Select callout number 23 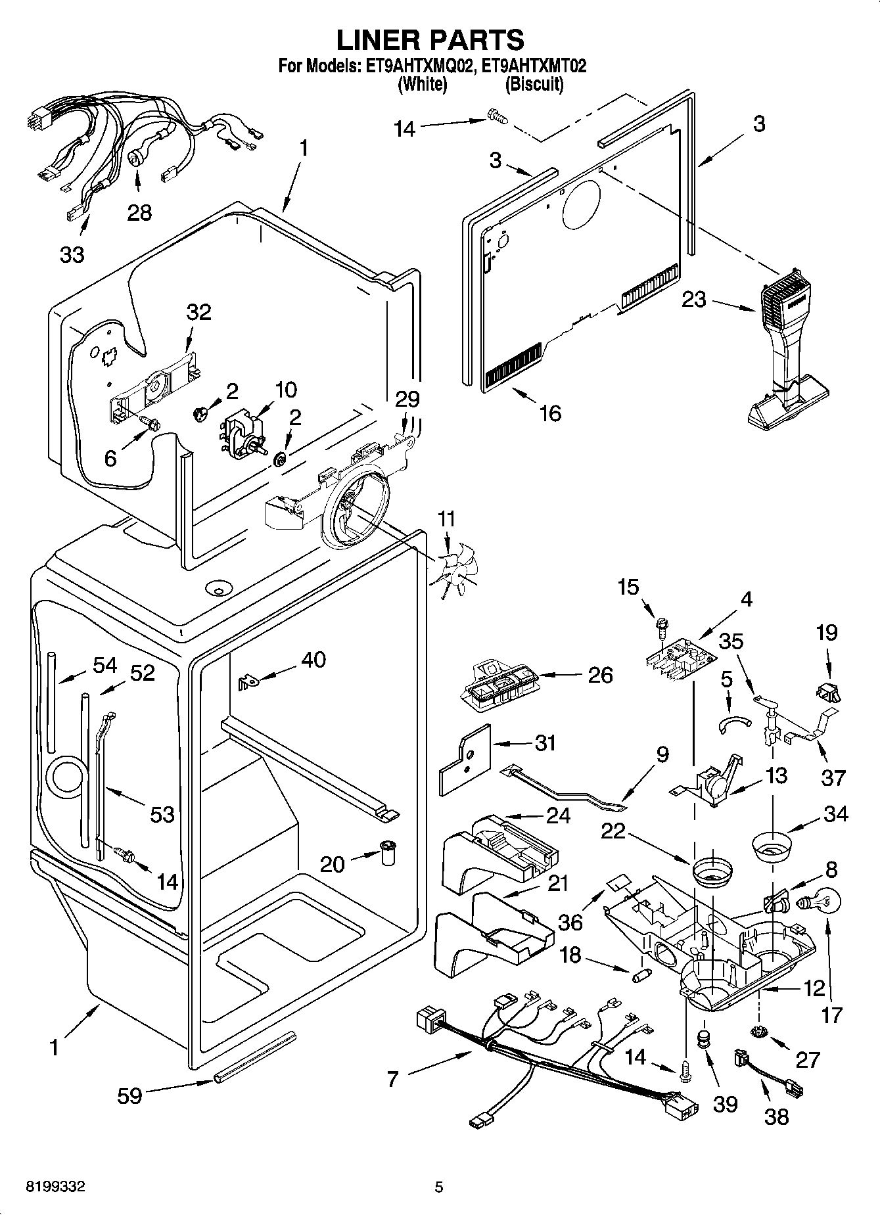click(693, 300)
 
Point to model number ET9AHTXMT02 click(533, 66)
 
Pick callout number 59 click(129, 1095)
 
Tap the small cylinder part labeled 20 click(390, 853)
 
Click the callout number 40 click(313, 658)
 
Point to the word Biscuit click(534, 84)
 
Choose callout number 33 click(72, 254)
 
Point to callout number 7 click(393, 1078)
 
